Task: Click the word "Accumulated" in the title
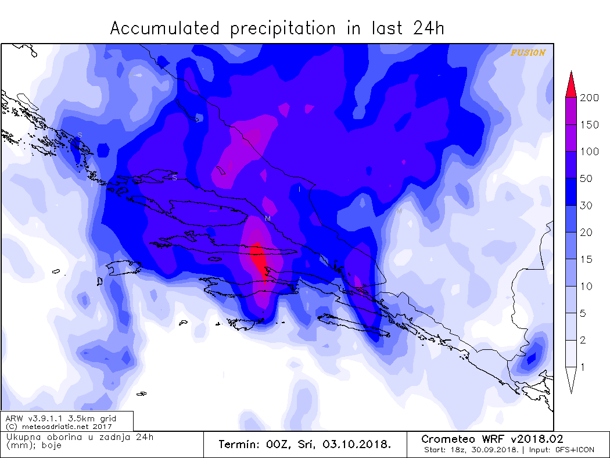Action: (x=165, y=28)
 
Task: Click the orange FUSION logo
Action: (x=528, y=53)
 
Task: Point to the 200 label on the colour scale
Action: (x=589, y=98)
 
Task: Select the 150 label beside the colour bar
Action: (x=589, y=125)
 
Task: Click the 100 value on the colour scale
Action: (x=589, y=152)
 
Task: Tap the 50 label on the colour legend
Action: (x=586, y=178)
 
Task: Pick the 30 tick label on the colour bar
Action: (x=586, y=206)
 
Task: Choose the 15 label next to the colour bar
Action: (x=586, y=259)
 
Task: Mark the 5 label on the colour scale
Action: (x=583, y=313)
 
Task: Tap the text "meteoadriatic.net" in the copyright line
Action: (x=51, y=426)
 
